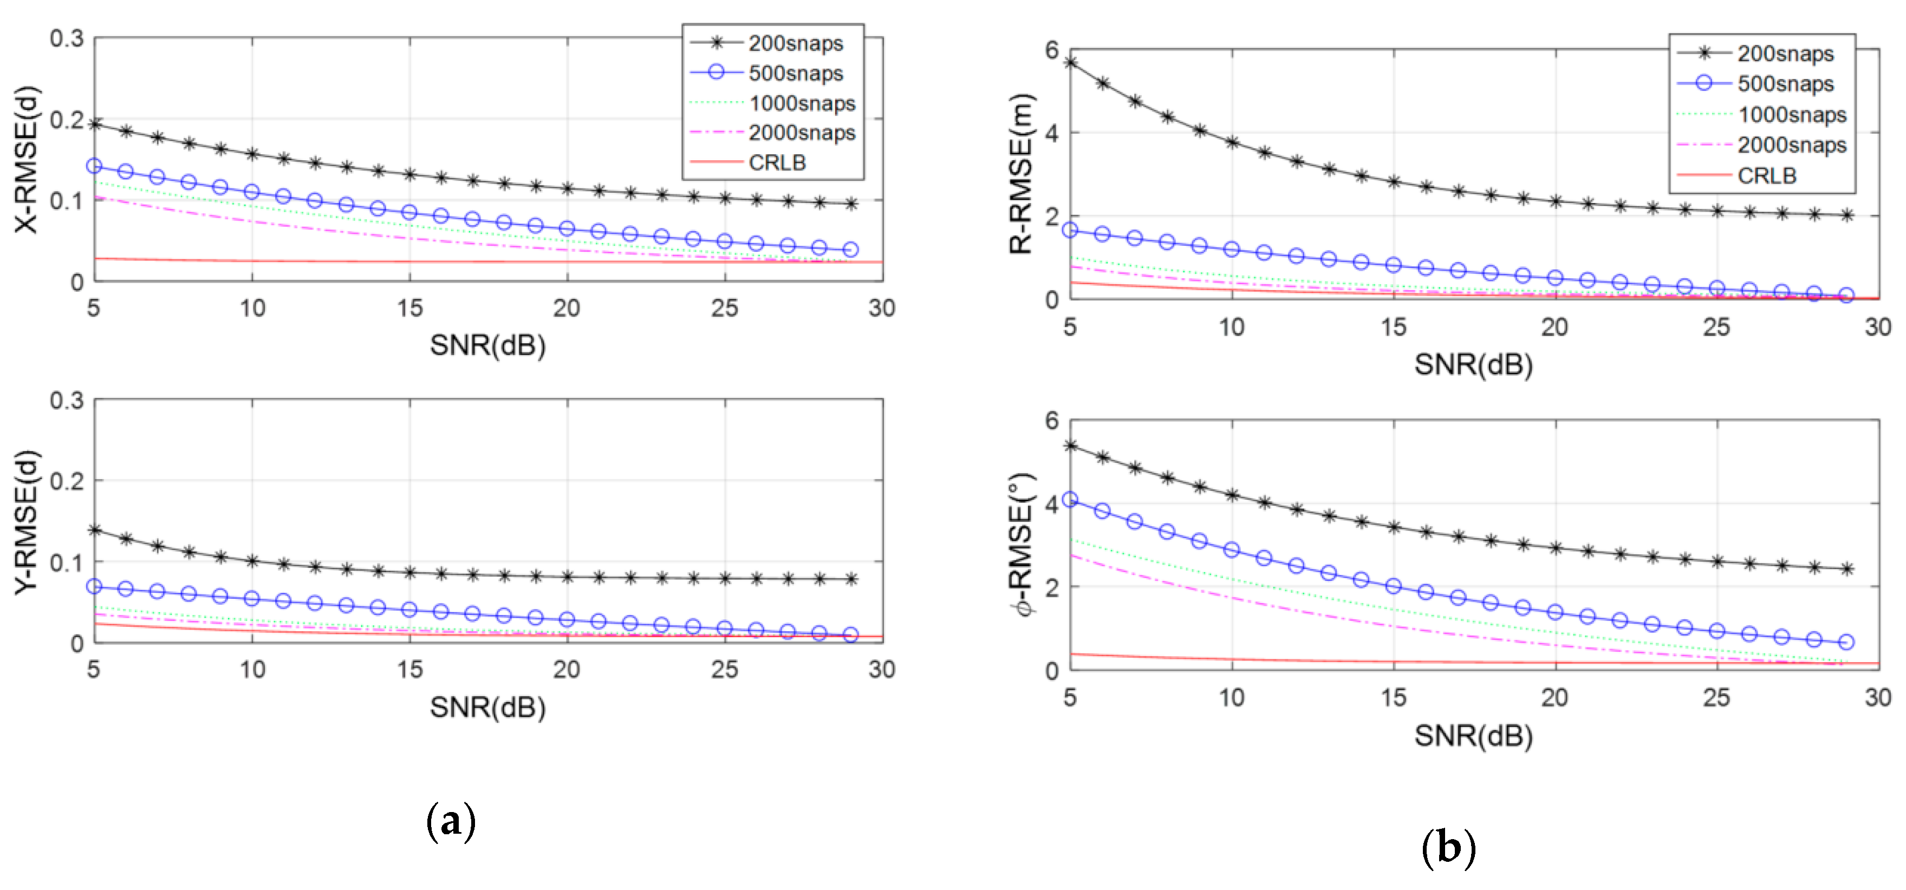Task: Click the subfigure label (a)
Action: [x=451, y=821]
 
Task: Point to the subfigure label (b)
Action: [x=1448, y=847]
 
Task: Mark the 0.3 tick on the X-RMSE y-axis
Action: [x=67, y=38]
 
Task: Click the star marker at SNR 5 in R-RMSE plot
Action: [x=1070, y=63]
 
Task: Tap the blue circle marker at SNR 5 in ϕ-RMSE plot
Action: [x=1070, y=499]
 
